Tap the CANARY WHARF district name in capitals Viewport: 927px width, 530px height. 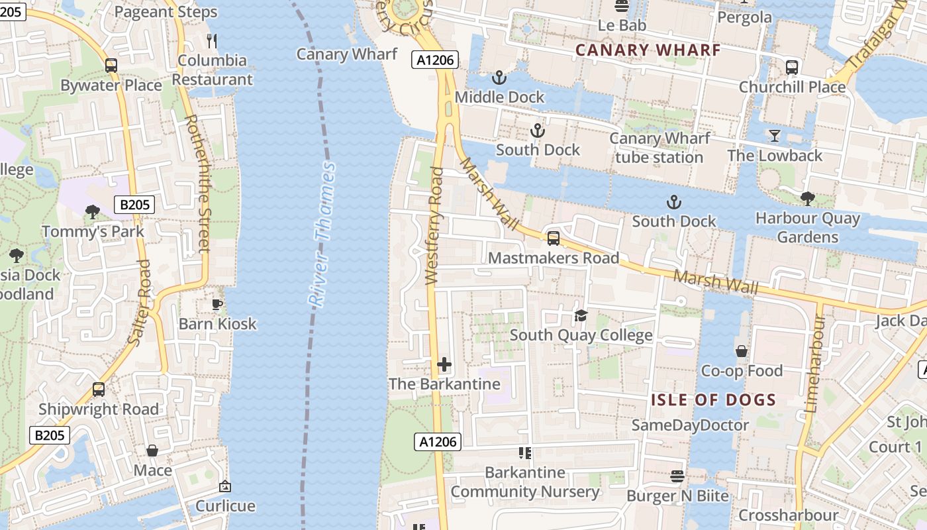648,50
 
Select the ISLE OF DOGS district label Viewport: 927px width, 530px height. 713,399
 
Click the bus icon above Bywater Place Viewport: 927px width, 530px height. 111,66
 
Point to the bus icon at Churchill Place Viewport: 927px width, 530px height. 792,67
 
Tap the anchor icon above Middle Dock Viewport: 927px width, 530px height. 499,78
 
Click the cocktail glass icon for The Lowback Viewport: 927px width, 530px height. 774,136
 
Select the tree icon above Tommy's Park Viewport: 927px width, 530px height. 93,212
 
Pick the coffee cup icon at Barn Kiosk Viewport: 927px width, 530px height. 217,304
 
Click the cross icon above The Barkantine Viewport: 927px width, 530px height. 444,364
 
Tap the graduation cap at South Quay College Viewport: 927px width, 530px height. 581,315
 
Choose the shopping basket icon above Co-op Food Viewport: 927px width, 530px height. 742,351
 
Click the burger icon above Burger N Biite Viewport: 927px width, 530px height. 677,476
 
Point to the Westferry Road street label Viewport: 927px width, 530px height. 435,226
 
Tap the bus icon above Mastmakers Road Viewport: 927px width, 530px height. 554,238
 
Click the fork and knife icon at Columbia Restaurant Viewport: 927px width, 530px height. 212,41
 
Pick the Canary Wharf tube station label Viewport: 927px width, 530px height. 659,148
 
